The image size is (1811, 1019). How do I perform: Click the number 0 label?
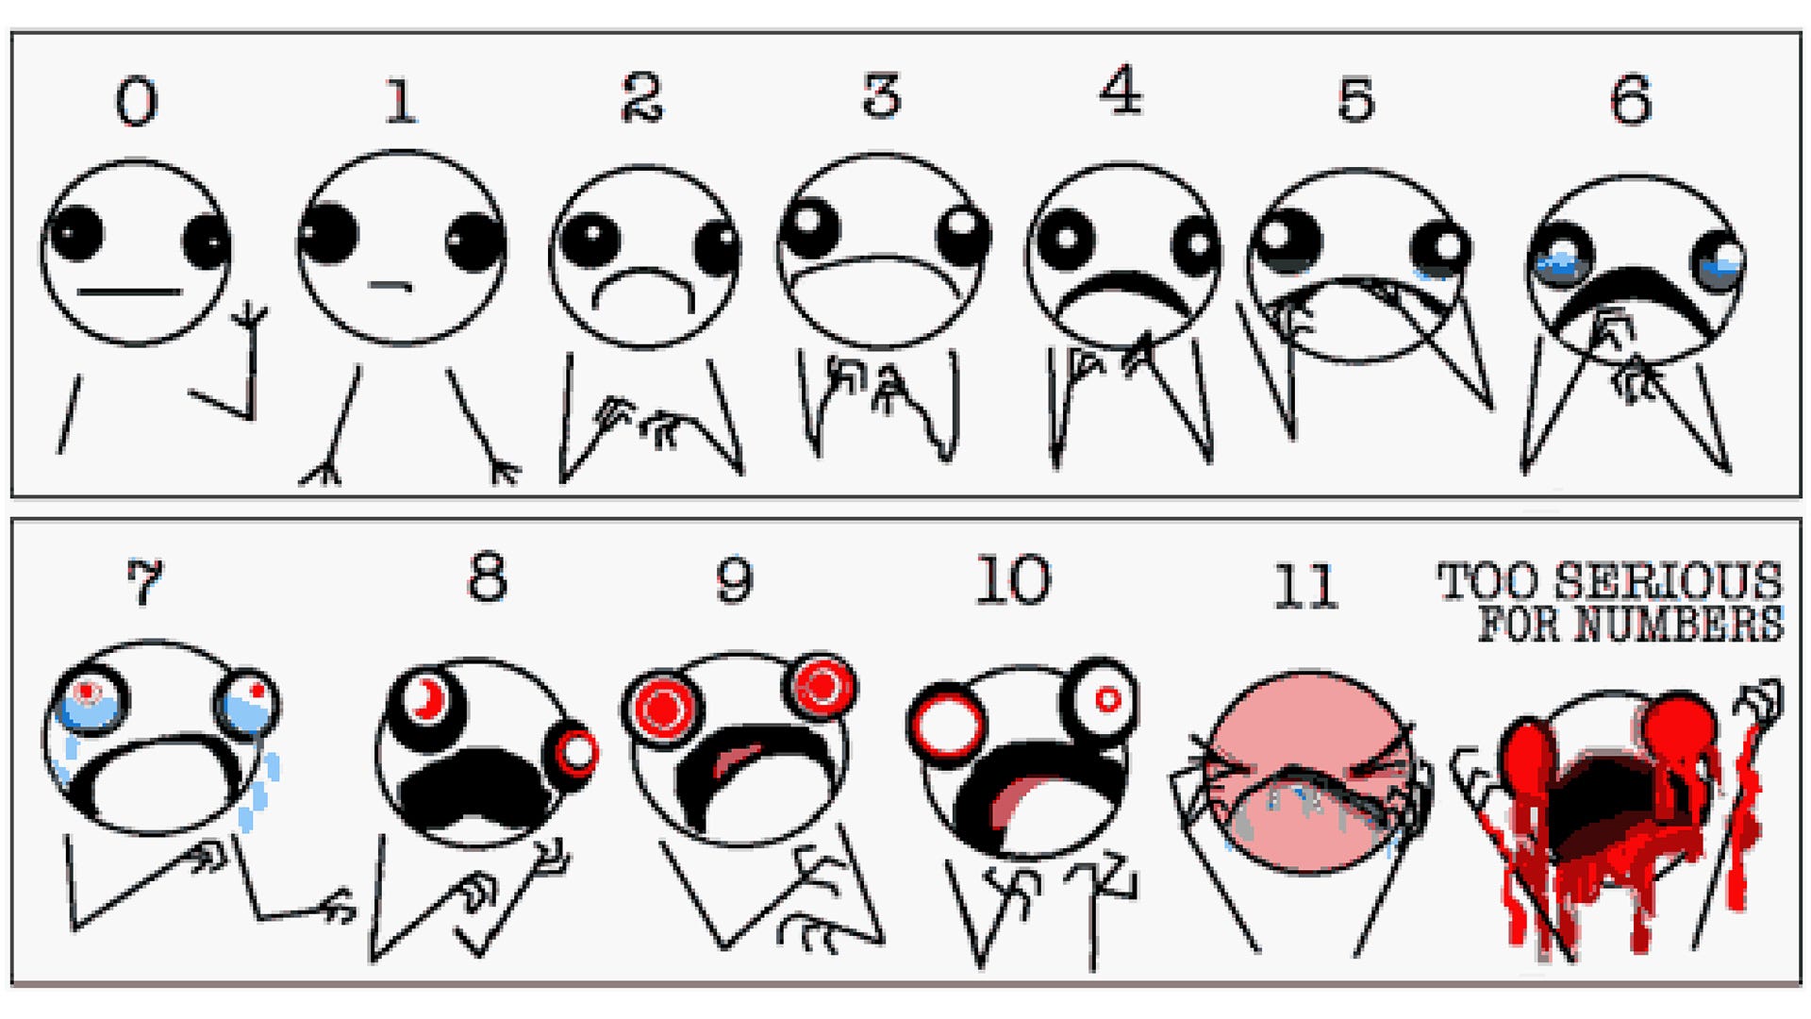[137, 101]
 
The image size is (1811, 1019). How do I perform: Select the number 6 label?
[1631, 100]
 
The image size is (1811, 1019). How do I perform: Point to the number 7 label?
[144, 581]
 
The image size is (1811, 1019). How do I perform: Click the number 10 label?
[1013, 579]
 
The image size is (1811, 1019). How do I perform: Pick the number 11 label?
[1306, 586]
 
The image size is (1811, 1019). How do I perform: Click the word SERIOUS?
[1668, 580]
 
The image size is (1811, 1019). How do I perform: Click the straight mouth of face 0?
[129, 292]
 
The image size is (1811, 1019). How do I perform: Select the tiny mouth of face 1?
[390, 284]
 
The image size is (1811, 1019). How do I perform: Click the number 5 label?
[1356, 99]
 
